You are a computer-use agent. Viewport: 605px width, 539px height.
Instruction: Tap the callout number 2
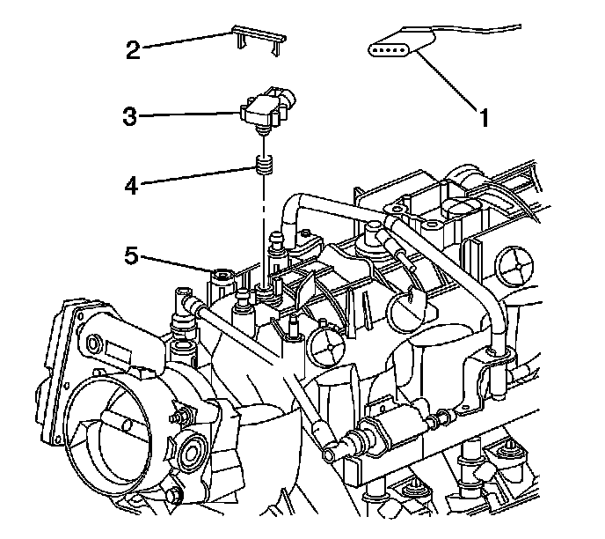tap(134, 50)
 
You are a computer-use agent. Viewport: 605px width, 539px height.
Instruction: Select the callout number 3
tap(130, 116)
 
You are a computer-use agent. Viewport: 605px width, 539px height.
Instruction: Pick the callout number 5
tap(130, 257)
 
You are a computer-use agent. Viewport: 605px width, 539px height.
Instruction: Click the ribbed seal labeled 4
tap(262, 165)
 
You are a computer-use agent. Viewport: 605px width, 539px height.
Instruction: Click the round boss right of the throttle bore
tap(188, 454)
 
